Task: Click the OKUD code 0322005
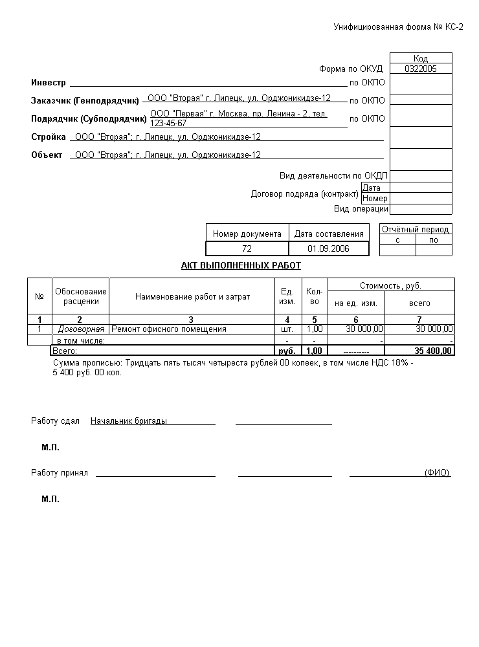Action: tap(421, 69)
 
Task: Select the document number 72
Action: tap(247, 248)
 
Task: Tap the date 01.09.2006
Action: tap(328, 248)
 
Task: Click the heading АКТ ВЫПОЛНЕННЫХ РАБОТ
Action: tap(241, 265)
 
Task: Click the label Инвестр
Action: tap(49, 83)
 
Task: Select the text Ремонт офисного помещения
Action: tap(169, 329)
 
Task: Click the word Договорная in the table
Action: tap(81, 329)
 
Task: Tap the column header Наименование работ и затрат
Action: tap(192, 297)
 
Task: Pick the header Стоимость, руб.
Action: tap(390, 285)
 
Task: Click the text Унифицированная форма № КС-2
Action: tap(398, 27)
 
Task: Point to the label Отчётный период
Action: tap(415, 230)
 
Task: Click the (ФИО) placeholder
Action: tap(437, 473)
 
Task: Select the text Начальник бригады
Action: tap(129, 421)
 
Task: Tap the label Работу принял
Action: tap(60, 473)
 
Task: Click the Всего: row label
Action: tap(64, 351)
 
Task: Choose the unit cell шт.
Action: tap(287, 329)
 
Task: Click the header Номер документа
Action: tap(247, 234)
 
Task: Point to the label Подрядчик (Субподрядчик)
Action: tap(89, 119)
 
